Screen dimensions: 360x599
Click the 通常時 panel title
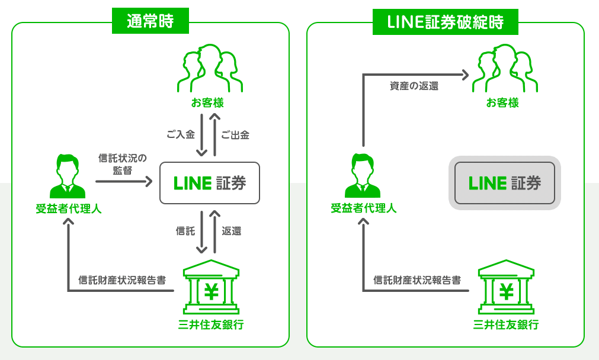point(150,22)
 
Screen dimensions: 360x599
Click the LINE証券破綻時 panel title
point(445,22)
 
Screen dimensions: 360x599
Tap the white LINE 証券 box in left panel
point(210,183)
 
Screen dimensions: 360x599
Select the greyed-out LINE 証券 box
point(505,183)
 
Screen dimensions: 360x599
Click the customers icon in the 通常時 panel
point(210,69)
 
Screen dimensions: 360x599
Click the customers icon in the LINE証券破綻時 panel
point(504,69)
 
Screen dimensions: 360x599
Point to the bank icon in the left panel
point(210,288)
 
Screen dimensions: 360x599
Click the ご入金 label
point(180,134)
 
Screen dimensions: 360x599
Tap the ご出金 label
point(235,134)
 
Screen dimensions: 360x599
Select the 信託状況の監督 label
point(122,164)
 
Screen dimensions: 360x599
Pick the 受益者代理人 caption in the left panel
point(68,208)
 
